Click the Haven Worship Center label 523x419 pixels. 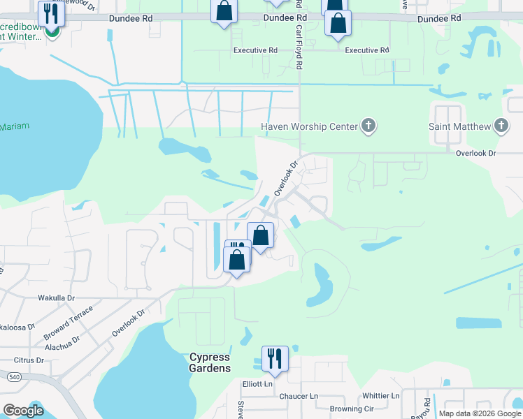point(308,126)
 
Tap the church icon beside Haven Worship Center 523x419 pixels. point(368,126)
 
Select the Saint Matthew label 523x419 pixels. point(459,126)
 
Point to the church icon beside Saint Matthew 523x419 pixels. point(501,126)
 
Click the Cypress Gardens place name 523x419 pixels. point(210,362)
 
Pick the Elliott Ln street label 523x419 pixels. point(257,383)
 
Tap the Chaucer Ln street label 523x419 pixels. point(299,396)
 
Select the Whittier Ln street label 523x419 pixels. point(380,395)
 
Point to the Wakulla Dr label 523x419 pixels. point(55,297)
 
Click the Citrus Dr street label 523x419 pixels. point(29,360)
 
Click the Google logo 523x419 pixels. point(23,411)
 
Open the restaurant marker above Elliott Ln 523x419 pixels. point(274,359)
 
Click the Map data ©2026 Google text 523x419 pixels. point(480,413)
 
